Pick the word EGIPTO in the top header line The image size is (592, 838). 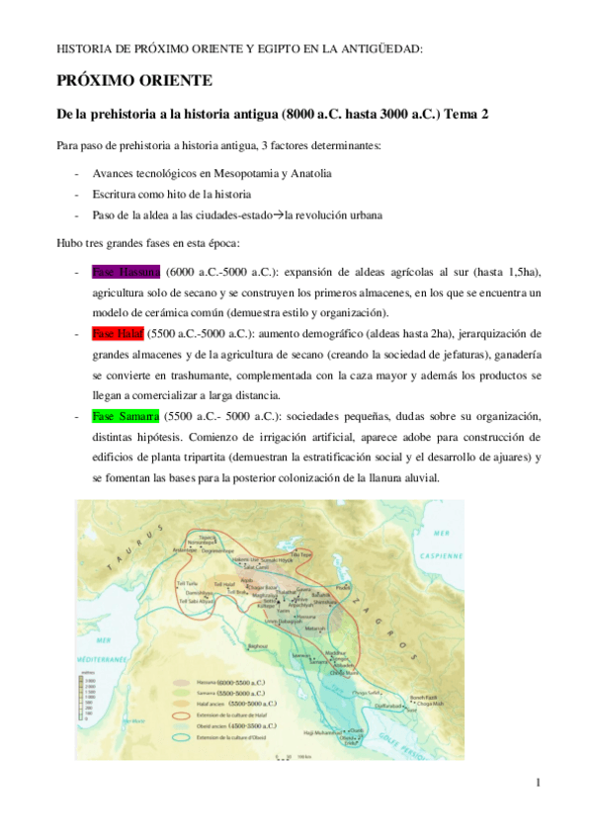click(267, 47)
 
